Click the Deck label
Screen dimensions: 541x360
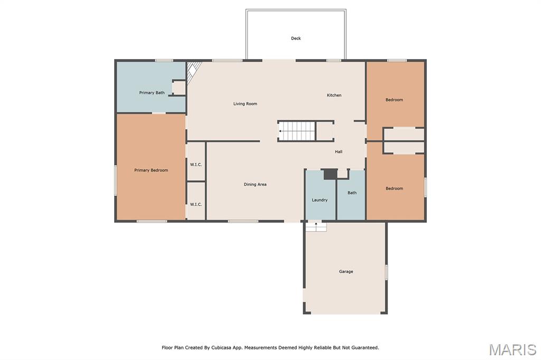[296, 39]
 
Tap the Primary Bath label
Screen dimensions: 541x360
[152, 92]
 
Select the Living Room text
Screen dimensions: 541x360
[245, 103]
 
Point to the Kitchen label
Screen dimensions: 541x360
[334, 95]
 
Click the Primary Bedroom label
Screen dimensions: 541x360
[151, 170]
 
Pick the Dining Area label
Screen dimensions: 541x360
[255, 184]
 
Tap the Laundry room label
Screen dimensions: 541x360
[320, 200]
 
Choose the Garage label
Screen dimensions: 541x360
[346, 271]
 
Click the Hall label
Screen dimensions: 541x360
[339, 151]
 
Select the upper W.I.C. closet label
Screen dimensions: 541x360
[196, 165]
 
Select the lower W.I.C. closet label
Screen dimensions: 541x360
[196, 204]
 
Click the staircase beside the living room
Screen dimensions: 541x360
[297, 131]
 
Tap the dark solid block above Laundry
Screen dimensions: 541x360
[330, 174]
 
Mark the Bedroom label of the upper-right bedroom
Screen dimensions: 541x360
[394, 100]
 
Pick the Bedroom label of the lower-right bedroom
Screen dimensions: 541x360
[394, 188]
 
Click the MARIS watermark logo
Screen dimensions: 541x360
[512, 349]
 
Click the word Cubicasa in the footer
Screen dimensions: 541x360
[221, 347]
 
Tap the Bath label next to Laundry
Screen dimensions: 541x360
[352, 193]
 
